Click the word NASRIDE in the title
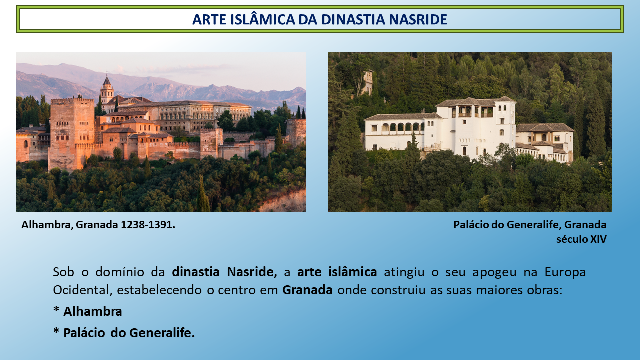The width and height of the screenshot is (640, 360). [418, 19]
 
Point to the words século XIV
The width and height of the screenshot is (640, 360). [581, 239]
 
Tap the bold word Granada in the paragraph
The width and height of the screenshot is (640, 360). [307, 290]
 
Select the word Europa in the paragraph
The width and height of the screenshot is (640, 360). [565, 272]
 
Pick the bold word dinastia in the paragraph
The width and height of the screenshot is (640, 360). [195, 272]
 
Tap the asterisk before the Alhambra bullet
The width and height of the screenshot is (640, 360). [56, 309]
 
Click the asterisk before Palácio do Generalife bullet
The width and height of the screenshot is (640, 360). [56, 331]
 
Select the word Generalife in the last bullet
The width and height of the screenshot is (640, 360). [162, 333]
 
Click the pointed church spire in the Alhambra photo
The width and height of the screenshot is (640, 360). [107, 80]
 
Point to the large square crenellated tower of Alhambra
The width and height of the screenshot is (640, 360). [72, 133]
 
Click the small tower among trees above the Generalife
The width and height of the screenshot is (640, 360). [368, 82]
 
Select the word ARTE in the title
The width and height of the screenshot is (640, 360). [209, 19]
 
